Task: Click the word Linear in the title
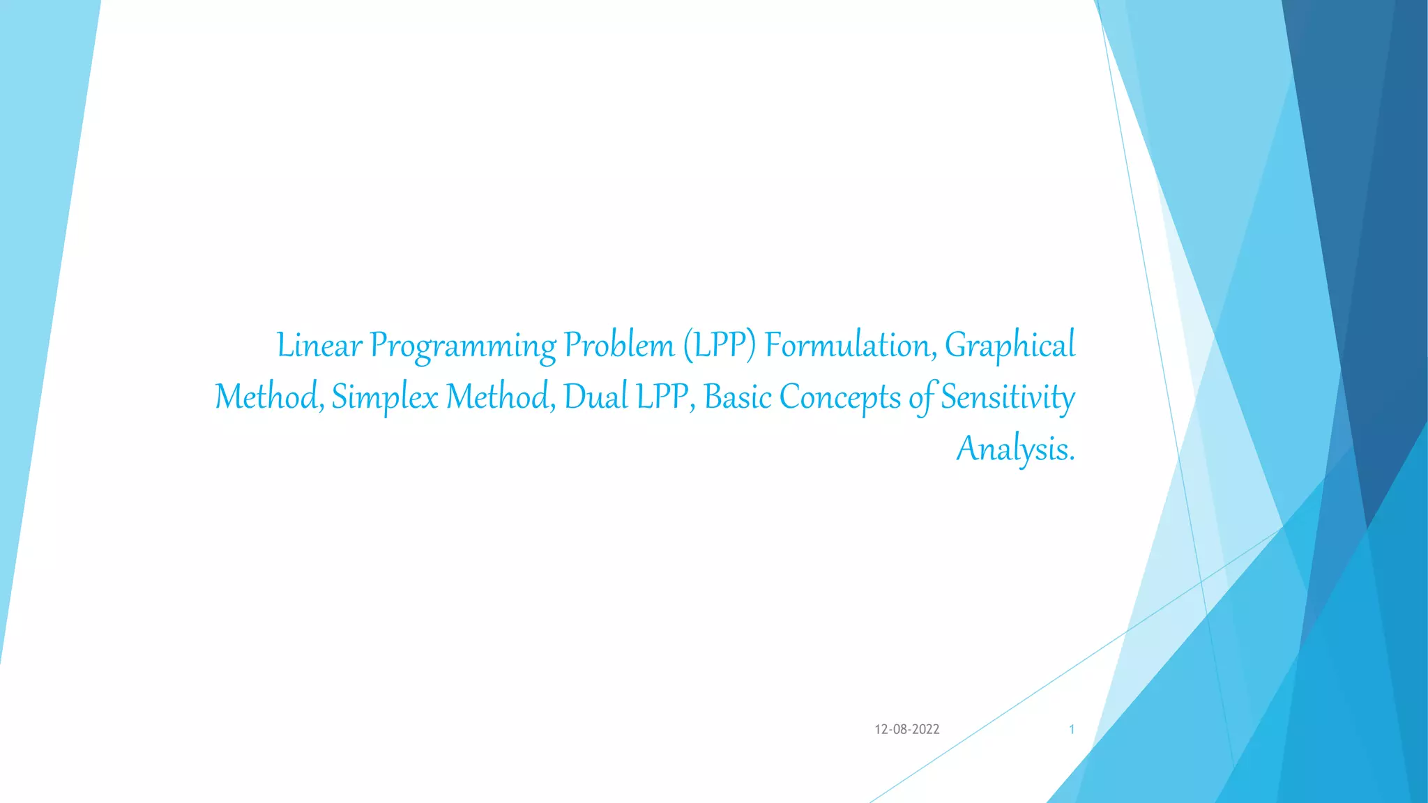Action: coord(319,346)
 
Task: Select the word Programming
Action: coord(463,346)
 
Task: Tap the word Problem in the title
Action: coord(618,346)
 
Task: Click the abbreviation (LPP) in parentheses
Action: coord(720,346)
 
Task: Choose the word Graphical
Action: coord(1010,346)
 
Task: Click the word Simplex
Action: coord(385,397)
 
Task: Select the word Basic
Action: coord(738,397)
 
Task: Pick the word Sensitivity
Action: coord(1008,397)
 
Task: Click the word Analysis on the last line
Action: coord(1015,449)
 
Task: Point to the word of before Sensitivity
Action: coord(922,397)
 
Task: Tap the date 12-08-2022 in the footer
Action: coord(906,730)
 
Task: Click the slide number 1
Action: coord(1072,730)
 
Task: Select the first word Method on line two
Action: coord(268,397)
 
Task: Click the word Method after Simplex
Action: coord(500,397)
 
